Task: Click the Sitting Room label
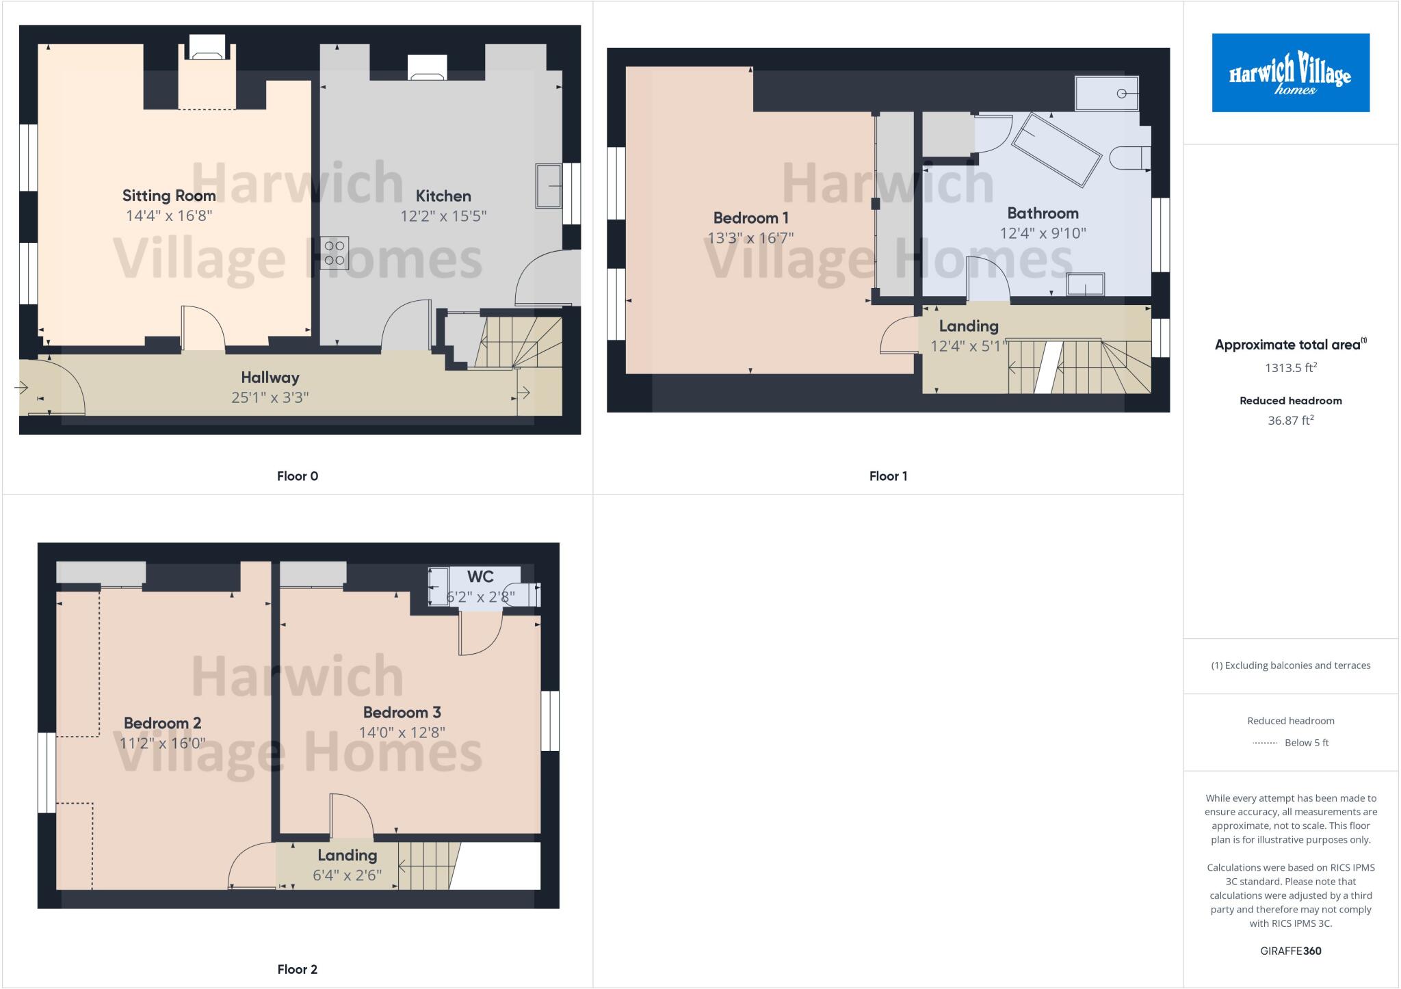coord(169,196)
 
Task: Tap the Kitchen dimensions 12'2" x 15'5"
coord(443,216)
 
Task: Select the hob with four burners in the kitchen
coord(335,253)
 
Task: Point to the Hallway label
coord(270,377)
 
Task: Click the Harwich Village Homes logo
coord(1290,72)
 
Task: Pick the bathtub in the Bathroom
coord(1056,150)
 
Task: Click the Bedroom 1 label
coord(750,218)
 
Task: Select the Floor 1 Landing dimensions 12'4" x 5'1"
coord(969,346)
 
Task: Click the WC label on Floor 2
coord(480,577)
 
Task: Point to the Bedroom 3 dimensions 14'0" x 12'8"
coord(402,733)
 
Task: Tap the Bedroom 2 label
coord(162,723)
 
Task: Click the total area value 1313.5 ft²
coord(1290,368)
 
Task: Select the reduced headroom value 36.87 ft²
coord(1290,421)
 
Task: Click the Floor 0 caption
coord(298,476)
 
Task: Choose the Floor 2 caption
coord(298,969)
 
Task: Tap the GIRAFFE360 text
coord(1290,951)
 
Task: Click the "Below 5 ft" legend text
coord(1306,743)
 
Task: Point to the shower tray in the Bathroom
coord(1106,94)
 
